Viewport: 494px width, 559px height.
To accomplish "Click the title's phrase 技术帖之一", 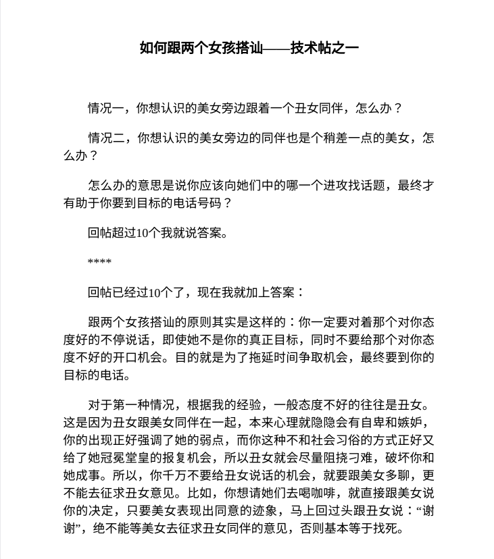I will (x=324, y=47).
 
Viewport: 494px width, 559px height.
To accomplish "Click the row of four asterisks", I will (x=99, y=262).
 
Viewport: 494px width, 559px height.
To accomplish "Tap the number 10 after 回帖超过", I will (x=142, y=234).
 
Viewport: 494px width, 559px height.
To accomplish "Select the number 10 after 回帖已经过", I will (x=154, y=292).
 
